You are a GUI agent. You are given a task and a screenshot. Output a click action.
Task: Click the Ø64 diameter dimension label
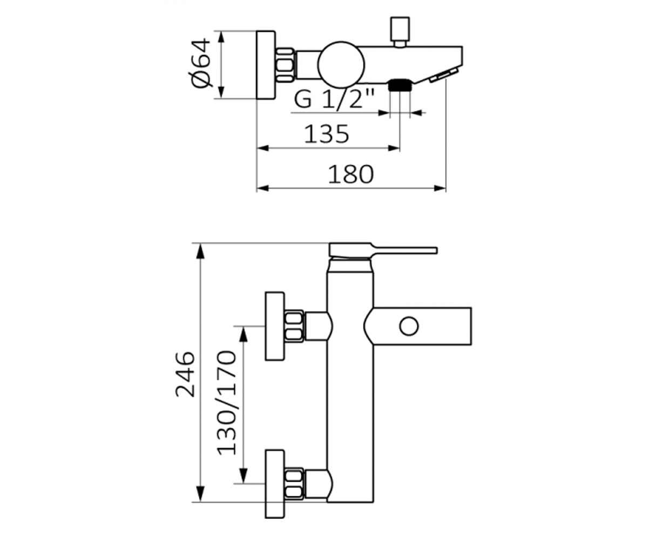201,63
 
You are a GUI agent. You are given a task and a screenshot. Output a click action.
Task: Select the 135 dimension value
327,134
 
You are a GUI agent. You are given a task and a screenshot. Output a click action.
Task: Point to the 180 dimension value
350,174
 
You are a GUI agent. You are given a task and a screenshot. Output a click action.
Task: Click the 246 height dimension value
185,374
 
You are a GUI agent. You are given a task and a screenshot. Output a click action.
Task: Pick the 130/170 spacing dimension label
227,403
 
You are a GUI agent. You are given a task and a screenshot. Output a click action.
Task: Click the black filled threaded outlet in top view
400,85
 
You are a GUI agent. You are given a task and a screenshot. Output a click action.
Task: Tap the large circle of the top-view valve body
341,65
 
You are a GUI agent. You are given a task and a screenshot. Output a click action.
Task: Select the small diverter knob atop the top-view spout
400,32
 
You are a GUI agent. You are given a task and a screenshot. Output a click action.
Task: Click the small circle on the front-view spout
409,326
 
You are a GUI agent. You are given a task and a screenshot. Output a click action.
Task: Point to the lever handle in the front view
383,250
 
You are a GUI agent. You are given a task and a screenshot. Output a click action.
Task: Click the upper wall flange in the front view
275,326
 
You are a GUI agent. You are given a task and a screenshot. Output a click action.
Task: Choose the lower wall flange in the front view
275,484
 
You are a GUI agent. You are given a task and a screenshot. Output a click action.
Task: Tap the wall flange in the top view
266,65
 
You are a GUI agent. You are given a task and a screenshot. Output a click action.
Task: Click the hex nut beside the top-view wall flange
285,65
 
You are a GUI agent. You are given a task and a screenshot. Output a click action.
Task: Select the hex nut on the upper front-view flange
294,326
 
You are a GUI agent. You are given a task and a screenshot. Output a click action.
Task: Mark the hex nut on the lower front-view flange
294,484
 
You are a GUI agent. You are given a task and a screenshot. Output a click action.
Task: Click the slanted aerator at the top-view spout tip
444,76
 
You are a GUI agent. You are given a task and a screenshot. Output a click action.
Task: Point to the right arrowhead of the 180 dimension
440,188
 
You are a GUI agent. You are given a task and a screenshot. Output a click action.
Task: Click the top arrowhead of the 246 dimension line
201,251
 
